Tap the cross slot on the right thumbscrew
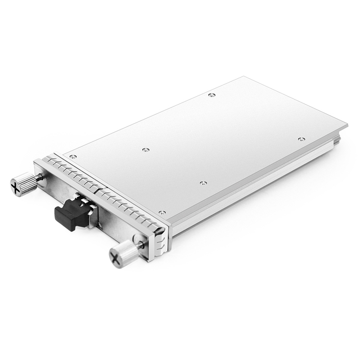click(x=116, y=259)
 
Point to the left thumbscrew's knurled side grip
click(x=26, y=183)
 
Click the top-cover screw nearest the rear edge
click(x=211, y=95)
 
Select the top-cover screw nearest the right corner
click(x=301, y=139)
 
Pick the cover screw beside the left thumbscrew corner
click(x=73, y=157)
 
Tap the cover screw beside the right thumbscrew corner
click(x=162, y=213)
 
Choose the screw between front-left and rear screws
click(x=146, y=150)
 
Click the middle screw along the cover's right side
click(x=203, y=183)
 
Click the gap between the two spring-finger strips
click(x=95, y=188)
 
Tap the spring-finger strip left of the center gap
click(x=70, y=173)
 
